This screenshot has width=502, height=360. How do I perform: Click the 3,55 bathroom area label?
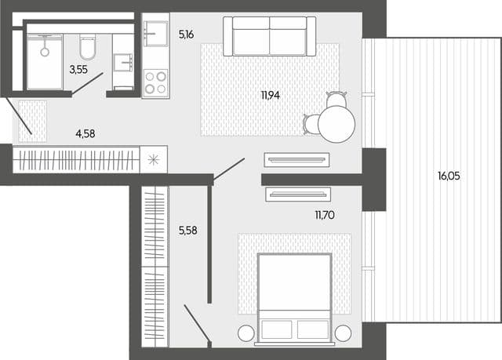tap(78, 69)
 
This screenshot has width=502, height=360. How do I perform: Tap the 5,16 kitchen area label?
tap(187, 35)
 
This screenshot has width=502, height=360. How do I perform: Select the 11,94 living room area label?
tap(271, 95)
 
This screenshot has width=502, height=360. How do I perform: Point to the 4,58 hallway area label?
tap(85, 133)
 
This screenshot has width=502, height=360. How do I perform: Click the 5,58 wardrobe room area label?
tap(188, 231)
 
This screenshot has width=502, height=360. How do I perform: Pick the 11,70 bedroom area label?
tap(325, 215)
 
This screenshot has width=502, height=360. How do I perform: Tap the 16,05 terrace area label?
tap(449, 176)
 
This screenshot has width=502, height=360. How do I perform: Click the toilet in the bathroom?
tap(87, 47)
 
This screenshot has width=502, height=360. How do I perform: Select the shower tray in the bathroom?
tap(45, 61)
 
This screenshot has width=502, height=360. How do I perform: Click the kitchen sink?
tap(156, 33)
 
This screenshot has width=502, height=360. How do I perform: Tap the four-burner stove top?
tap(155, 82)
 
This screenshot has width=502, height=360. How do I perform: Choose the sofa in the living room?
tap(270, 36)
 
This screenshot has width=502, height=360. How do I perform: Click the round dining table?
tap(336, 124)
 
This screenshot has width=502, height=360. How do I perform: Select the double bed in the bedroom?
tap(294, 299)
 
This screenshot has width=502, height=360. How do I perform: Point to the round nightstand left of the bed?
tap(246, 333)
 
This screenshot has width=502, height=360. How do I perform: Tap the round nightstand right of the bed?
tap(343, 333)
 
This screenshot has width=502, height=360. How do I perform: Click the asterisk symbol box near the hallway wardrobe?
tap(154, 159)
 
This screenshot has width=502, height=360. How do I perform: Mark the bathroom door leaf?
tap(87, 83)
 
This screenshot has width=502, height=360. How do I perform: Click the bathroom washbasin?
tap(123, 63)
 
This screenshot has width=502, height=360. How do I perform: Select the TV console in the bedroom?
tap(298, 195)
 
